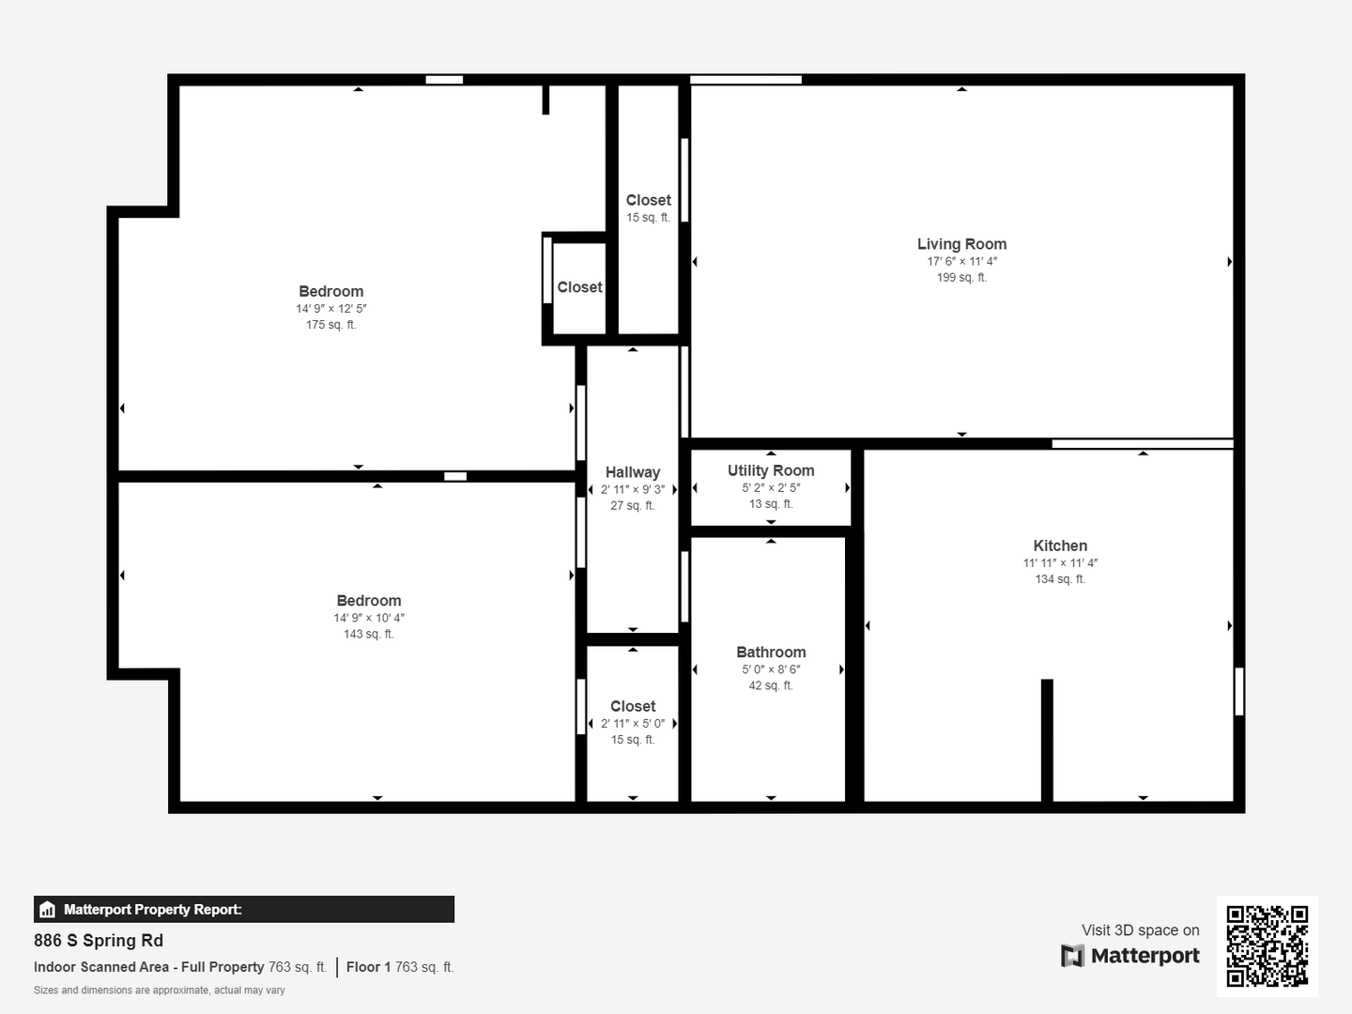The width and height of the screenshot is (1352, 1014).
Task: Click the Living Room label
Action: [961, 244]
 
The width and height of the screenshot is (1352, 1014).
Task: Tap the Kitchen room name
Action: [1060, 546]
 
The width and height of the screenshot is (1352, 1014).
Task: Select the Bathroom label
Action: [771, 652]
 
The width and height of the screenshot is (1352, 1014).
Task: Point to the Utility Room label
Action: [771, 471]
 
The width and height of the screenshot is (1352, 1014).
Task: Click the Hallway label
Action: [633, 472]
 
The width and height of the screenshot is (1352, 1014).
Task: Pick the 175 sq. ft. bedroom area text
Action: [330, 325]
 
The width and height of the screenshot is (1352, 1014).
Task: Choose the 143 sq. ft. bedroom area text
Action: [368, 634]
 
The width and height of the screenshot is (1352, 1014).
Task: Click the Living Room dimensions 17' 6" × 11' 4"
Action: [962, 261]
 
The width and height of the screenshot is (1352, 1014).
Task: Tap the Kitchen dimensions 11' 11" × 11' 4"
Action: [1060, 562]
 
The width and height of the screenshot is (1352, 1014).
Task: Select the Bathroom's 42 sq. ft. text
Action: [771, 685]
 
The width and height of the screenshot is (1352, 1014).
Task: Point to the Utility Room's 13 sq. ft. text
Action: [771, 503]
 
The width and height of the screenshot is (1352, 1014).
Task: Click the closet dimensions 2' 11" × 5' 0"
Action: [633, 723]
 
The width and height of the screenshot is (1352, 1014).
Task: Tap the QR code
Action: [1267, 945]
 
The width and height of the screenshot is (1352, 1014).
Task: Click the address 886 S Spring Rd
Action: [99, 941]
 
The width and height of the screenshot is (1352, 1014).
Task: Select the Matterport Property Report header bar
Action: [244, 910]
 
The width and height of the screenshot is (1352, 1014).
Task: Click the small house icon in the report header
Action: [48, 910]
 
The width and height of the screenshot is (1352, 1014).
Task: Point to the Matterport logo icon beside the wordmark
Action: [1072, 956]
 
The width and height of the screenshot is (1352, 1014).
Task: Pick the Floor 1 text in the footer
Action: [368, 967]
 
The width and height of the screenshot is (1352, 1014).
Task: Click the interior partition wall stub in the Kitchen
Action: [1047, 740]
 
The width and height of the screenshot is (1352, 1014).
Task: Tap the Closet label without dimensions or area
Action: [579, 287]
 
